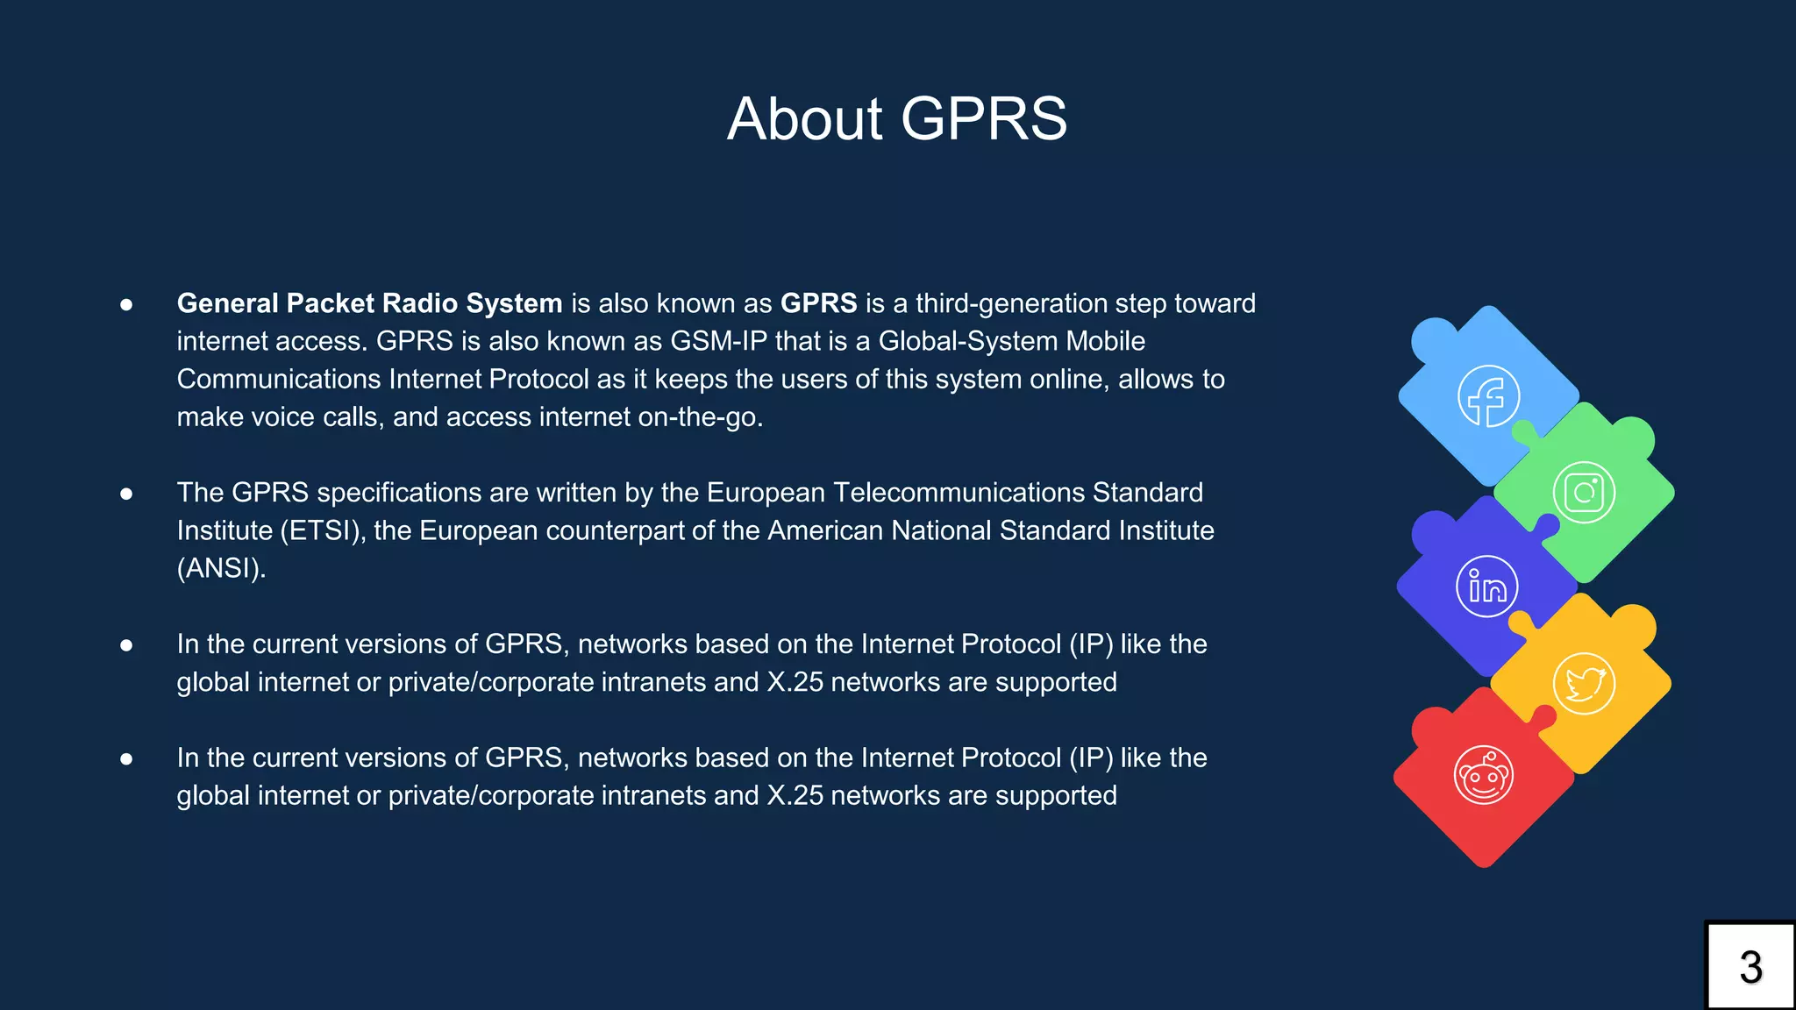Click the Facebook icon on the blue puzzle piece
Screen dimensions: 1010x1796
point(1488,396)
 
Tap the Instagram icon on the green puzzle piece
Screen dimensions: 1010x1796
point(1584,493)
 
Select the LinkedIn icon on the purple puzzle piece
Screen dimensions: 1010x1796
point(1487,587)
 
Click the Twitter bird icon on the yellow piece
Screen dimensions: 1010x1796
point(1584,684)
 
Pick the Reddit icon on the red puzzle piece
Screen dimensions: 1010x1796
point(1484,775)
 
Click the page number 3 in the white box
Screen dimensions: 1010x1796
point(1750,968)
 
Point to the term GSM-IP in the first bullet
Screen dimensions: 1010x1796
point(718,341)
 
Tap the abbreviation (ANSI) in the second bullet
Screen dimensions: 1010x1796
point(221,568)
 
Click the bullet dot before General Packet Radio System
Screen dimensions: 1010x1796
point(126,304)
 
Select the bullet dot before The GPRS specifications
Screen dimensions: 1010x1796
point(126,494)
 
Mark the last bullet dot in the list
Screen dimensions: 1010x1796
point(126,758)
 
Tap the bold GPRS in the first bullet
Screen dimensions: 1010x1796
point(818,303)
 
